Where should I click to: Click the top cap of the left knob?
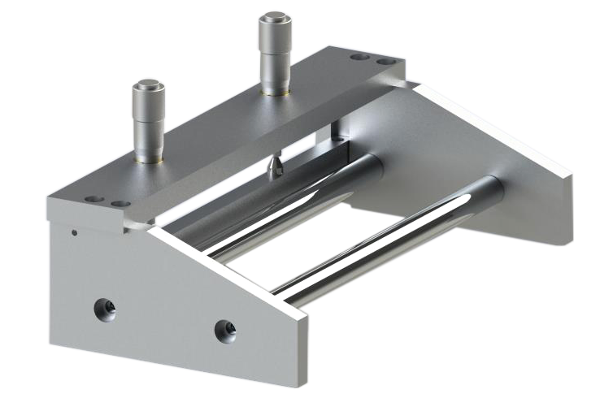click(x=148, y=84)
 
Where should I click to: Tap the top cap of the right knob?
click(x=274, y=18)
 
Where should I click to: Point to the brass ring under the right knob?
click(x=274, y=92)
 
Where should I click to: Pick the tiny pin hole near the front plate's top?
click(x=75, y=233)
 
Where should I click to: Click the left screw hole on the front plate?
click(x=104, y=308)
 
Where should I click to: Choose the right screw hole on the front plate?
click(x=224, y=330)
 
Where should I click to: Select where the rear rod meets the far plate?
click(x=376, y=162)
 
